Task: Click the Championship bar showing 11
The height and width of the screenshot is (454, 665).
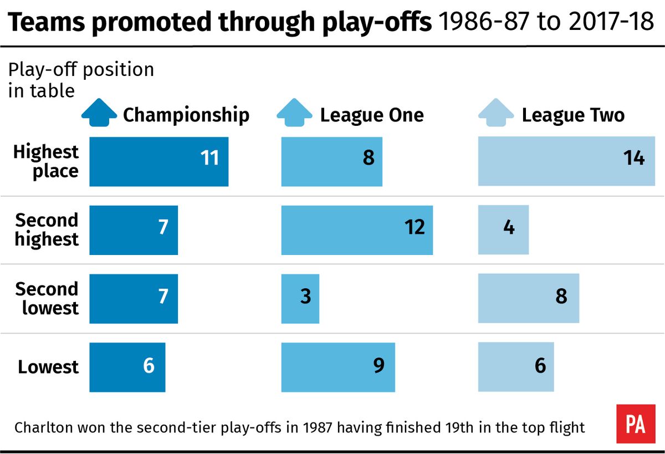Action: [158, 161]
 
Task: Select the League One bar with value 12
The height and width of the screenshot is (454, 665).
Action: [357, 230]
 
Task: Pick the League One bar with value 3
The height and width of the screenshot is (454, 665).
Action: [300, 299]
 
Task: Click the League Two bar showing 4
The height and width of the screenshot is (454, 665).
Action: [503, 230]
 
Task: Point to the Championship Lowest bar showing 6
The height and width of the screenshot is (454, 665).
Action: [127, 368]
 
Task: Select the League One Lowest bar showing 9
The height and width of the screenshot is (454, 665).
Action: [338, 368]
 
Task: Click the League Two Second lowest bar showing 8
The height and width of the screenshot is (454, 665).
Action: [529, 299]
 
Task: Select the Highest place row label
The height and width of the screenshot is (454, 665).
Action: [47, 161]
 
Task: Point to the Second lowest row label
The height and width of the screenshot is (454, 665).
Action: [47, 299]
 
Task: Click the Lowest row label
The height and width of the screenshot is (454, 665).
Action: [48, 368]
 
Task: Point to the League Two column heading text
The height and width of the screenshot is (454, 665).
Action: [573, 115]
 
